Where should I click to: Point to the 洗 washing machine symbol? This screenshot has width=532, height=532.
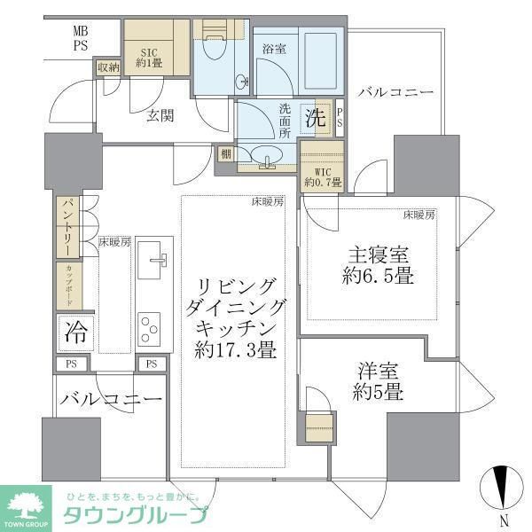click(x=316, y=116)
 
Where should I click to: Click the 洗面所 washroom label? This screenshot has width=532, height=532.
click(x=285, y=121)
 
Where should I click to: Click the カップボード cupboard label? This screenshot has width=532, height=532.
click(x=66, y=286)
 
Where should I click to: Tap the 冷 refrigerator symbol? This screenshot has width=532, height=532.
click(x=75, y=333)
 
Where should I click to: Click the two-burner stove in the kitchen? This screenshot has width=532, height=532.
click(x=148, y=327)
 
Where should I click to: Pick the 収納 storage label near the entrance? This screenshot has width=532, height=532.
click(x=108, y=67)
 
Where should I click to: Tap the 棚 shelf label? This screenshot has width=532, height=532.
click(x=227, y=155)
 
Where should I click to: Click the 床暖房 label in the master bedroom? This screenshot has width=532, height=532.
click(x=419, y=215)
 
